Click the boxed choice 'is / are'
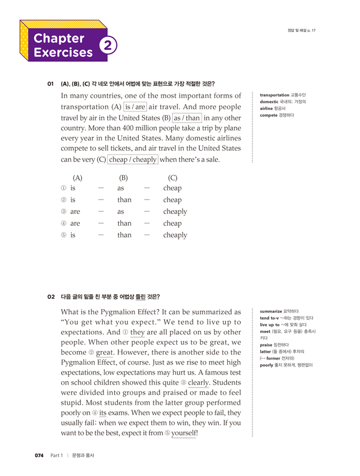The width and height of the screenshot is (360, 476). pos(135,107)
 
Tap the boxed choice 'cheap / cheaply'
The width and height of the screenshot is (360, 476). pos(133,159)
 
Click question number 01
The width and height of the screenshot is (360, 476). pos(50,84)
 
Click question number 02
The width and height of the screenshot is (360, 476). pos(51,297)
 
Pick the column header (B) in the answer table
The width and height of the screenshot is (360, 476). pos(124,179)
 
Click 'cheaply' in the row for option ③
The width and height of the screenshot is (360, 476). pos(175,212)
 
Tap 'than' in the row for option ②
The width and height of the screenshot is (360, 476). pos(124,200)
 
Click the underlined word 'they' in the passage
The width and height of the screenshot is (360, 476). pos(137,331)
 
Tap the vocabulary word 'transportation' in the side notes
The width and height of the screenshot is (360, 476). pos(274,95)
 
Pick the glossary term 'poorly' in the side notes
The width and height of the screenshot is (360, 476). pos(268,365)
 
